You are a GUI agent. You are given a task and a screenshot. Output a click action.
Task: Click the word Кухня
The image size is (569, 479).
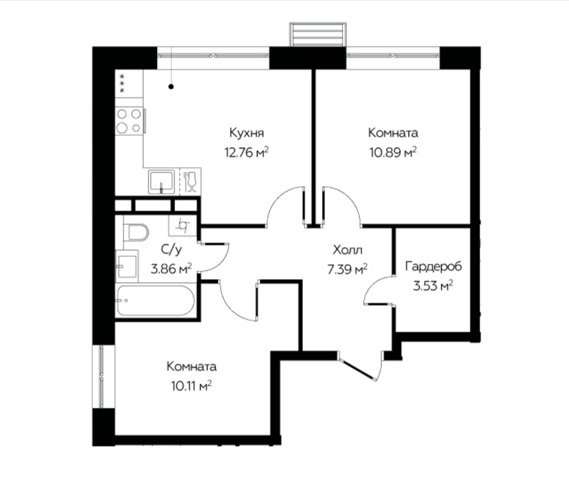[x=247, y=133]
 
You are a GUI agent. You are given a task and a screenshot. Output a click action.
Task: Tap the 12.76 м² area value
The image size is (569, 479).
[x=247, y=152]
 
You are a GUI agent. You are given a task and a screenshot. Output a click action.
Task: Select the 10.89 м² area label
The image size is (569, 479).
[x=393, y=152]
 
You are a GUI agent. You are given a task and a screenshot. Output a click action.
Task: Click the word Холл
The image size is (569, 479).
[x=348, y=250]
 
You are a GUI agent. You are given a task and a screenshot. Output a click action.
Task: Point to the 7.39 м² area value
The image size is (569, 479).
[x=348, y=270]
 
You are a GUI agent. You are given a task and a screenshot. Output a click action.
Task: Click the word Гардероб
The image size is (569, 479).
[x=434, y=266]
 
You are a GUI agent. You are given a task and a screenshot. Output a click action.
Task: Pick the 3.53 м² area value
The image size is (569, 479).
[x=433, y=285]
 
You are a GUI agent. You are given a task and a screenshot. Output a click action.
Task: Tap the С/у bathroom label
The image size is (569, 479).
[x=171, y=249]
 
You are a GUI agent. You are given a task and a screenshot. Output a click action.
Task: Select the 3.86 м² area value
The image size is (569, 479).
[x=171, y=270]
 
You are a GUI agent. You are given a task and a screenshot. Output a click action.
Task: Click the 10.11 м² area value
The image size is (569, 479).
[x=191, y=386]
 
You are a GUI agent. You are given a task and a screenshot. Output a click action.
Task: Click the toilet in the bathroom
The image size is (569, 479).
[x=136, y=232]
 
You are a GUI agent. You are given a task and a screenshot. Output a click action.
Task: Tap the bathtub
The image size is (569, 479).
[x=155, y=300]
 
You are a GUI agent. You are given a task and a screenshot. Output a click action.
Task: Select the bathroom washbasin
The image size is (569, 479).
[x=127, y=266]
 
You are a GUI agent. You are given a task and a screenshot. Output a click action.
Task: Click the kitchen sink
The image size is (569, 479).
[x=161, y=182]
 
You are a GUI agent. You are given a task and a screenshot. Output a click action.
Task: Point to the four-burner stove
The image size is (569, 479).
[x=129, y=121]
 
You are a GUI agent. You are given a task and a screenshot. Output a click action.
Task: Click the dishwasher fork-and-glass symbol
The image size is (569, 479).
[x=190, y=181]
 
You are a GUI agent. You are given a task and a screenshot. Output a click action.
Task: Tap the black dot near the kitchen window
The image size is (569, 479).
[x=171, y=86]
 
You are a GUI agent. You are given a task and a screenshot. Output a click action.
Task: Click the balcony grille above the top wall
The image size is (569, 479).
[x=318, y=34]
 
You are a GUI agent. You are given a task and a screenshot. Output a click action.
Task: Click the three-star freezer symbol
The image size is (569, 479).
[x=122, y=83]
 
